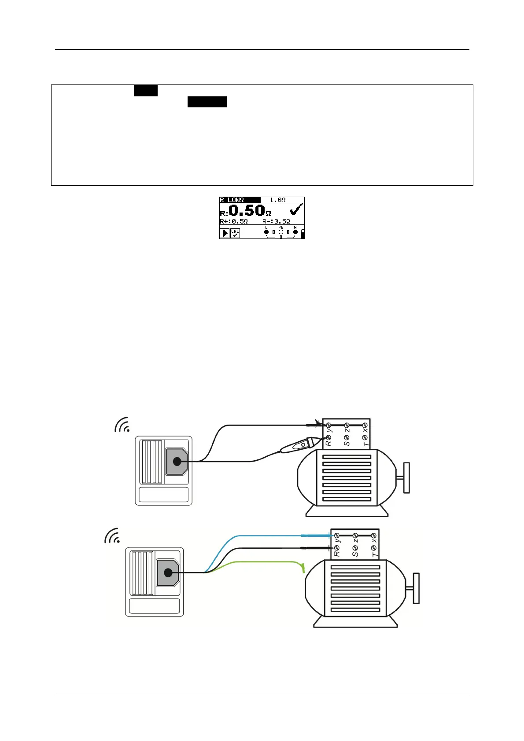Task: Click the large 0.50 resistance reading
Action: [x=247, y=210]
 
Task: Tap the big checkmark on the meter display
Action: [x=296, y=209]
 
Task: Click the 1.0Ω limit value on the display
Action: [x=277, y=200]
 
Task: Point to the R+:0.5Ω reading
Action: [x=234, y=221]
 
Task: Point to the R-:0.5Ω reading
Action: [x=276, y=221]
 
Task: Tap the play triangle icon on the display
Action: [x=225, y=233]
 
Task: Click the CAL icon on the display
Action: [x=235, y=233]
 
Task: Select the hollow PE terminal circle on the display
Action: [x=281, y=232]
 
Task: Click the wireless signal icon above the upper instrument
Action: [x=123, y=425]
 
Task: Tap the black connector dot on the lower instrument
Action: [x=168, y=572]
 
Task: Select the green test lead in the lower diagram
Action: [x=264, y=562]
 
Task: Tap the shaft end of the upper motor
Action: [x=406, y=477]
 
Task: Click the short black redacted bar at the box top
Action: [x=146, y=91]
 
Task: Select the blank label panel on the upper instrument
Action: [x=164, y=494]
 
